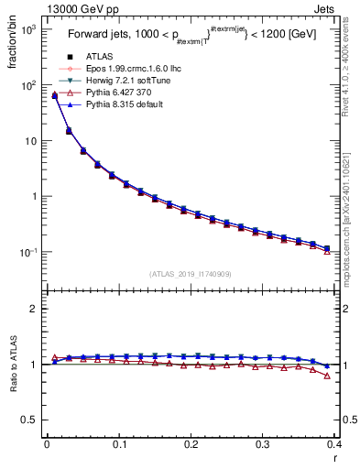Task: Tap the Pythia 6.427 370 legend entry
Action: tap(104, 94)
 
